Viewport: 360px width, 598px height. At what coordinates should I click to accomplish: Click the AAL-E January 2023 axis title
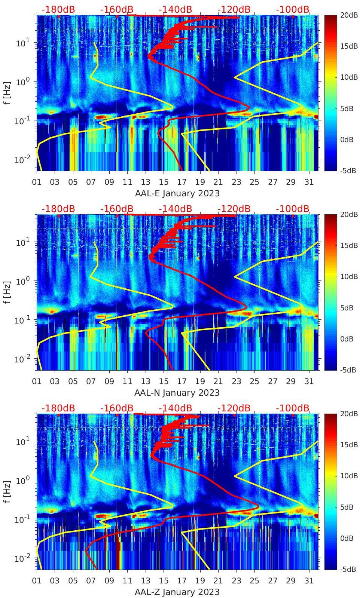(177, 193)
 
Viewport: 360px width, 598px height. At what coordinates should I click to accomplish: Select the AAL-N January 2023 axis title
(177, 393)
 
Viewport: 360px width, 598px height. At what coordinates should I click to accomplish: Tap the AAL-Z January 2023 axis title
(177, 592)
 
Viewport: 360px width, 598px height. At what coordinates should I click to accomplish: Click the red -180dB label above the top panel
(58, 9)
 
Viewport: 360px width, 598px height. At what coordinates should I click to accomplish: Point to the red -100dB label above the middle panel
(293, 209)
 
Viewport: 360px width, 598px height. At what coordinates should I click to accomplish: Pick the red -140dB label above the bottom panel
(175, 408)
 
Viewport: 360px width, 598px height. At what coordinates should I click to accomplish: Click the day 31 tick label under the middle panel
(309, 381)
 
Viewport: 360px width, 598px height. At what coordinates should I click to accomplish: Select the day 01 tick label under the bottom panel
(37, 581)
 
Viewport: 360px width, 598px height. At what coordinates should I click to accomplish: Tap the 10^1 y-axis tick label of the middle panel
(21, 242)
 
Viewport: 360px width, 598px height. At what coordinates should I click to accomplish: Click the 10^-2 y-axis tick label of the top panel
(21, 160)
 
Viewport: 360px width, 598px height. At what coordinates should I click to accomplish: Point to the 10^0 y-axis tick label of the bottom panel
(21, 480)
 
